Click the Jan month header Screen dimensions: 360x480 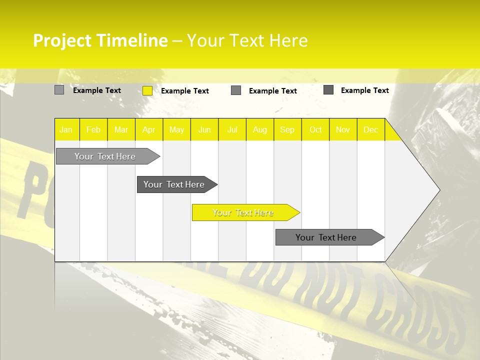point(66,130)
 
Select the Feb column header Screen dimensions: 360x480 point(93,130)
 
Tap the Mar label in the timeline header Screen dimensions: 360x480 point(121,130)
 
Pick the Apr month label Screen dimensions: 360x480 point(149,130)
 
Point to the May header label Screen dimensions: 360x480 point(176,130)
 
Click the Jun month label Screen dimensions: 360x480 point(204,130)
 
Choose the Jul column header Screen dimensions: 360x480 point(232,130)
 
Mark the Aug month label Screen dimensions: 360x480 point(260,130)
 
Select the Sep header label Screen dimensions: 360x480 point(287,130)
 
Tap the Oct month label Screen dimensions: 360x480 point(315,130)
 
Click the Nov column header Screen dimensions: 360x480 point(343,130)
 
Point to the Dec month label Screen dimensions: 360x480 point(371,130)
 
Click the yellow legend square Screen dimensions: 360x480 point(147,90)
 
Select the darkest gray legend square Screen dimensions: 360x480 point(328,90)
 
